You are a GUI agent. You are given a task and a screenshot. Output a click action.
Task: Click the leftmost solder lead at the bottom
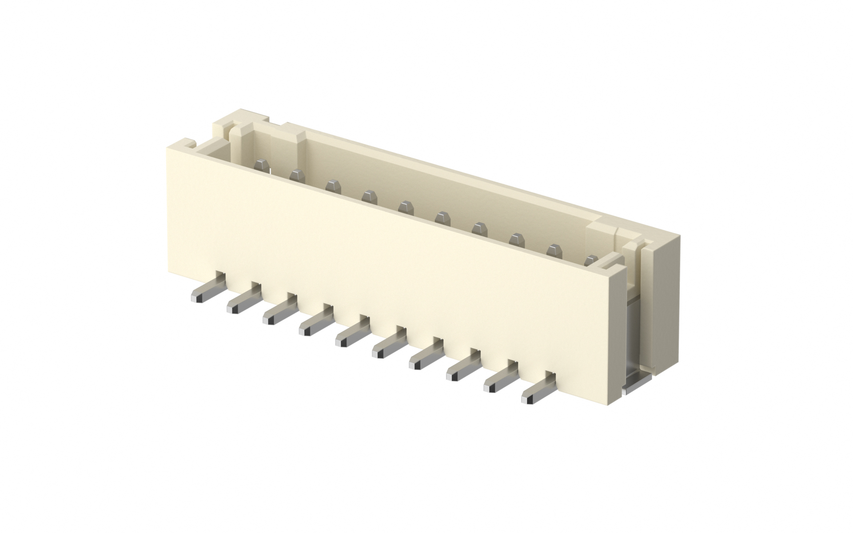(x=205, y=290)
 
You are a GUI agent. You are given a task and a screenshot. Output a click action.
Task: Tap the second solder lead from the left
(x=242, y=302)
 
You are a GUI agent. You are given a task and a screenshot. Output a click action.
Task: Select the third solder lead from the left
(x=278, y=313)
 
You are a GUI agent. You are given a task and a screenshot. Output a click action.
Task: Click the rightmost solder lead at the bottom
(x=538, y=391)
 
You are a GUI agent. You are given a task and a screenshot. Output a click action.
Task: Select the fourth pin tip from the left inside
(x=368, y=195)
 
